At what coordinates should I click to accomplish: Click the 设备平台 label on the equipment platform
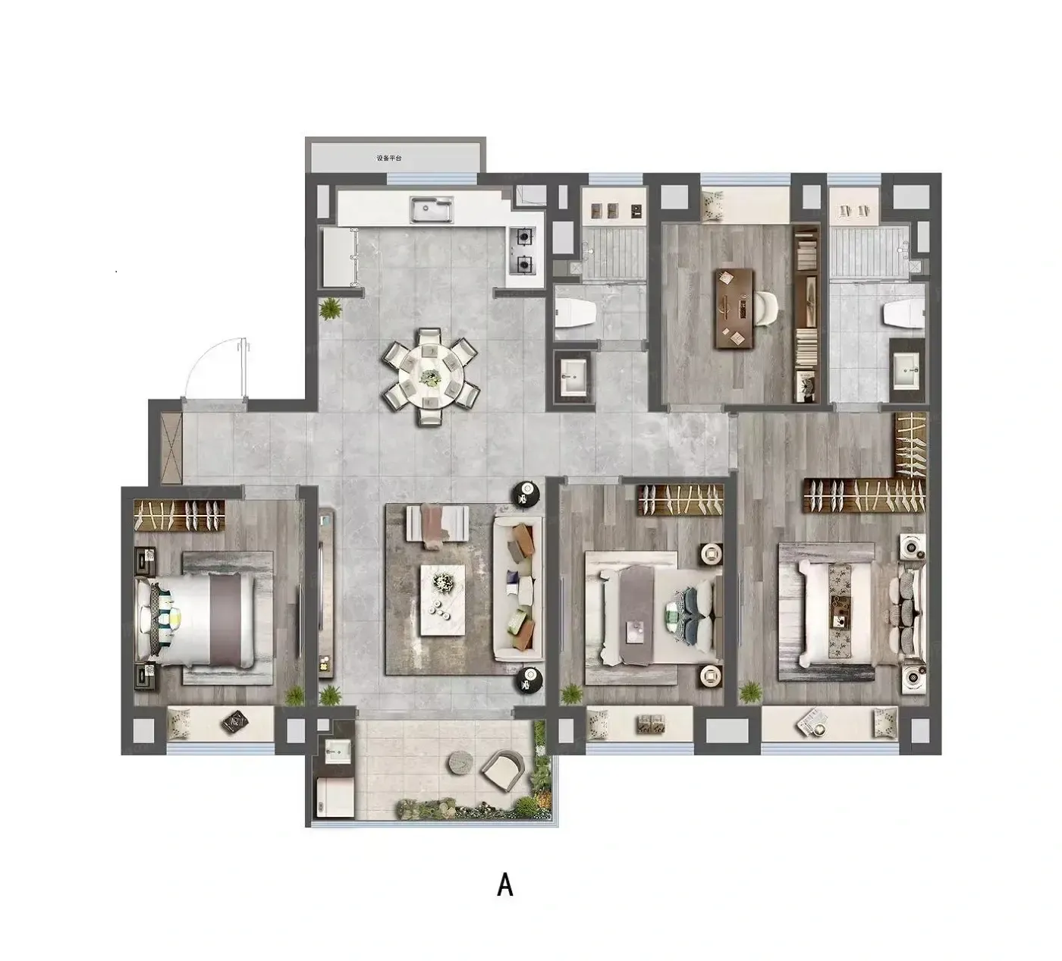(x=389, y=158)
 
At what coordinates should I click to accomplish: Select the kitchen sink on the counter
(x=432, y=209)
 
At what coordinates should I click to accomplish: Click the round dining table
(x=431, y=376)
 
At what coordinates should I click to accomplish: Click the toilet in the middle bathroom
(x=577, y=313)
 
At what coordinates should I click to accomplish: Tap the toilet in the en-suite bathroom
(x=903, y=314)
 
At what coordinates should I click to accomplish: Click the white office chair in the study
(x=765, y=308)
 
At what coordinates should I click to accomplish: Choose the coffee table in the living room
(x=443, y=600)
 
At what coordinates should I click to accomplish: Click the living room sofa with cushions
(x=518, y=588)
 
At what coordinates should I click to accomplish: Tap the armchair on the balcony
(x=503, y=771)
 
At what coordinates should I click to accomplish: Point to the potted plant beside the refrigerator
(x=330, y=309)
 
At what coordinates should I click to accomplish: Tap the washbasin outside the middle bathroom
(x=573, y=376)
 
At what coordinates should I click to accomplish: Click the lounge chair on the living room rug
(x=436, y=523)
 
